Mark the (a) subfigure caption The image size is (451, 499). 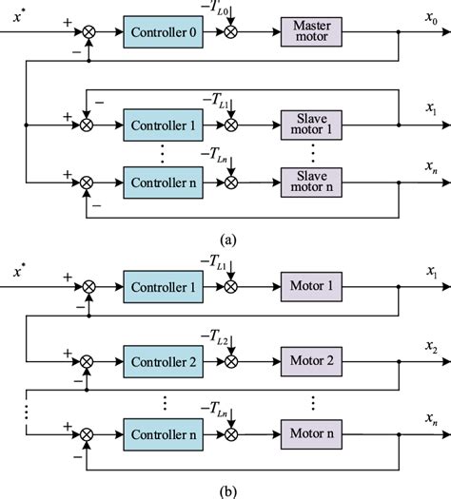[225, 240]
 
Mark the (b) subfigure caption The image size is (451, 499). [225, 489]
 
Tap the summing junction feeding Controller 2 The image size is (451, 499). [88, 361]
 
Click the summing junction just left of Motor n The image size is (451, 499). [230, 433]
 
